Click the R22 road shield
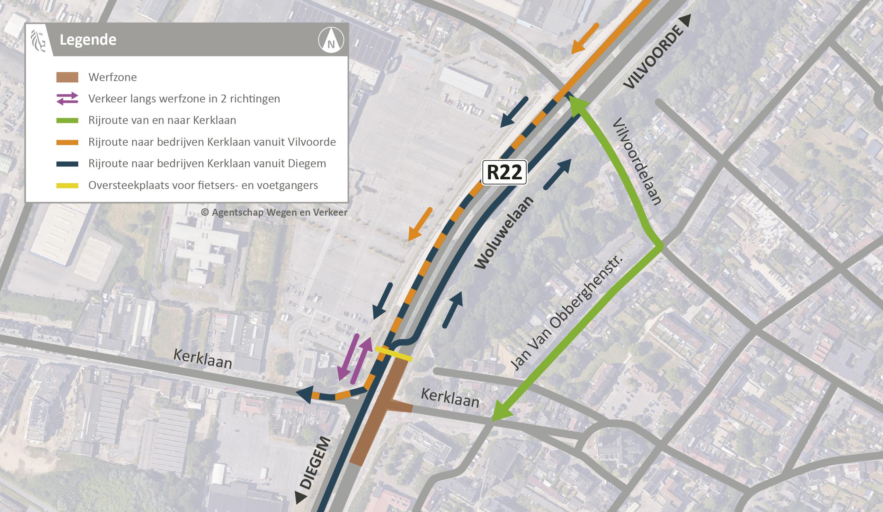[504, 172]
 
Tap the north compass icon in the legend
[331, 40]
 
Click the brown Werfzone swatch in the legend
[67, 77]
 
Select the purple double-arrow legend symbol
[67, 99]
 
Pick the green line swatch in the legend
[67, 120]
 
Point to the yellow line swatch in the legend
[67, 185]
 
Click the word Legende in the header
[88, 40]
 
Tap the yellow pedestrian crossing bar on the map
[393, 354]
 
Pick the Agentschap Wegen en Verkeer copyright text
[274, 212]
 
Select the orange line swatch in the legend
[67, 142]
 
